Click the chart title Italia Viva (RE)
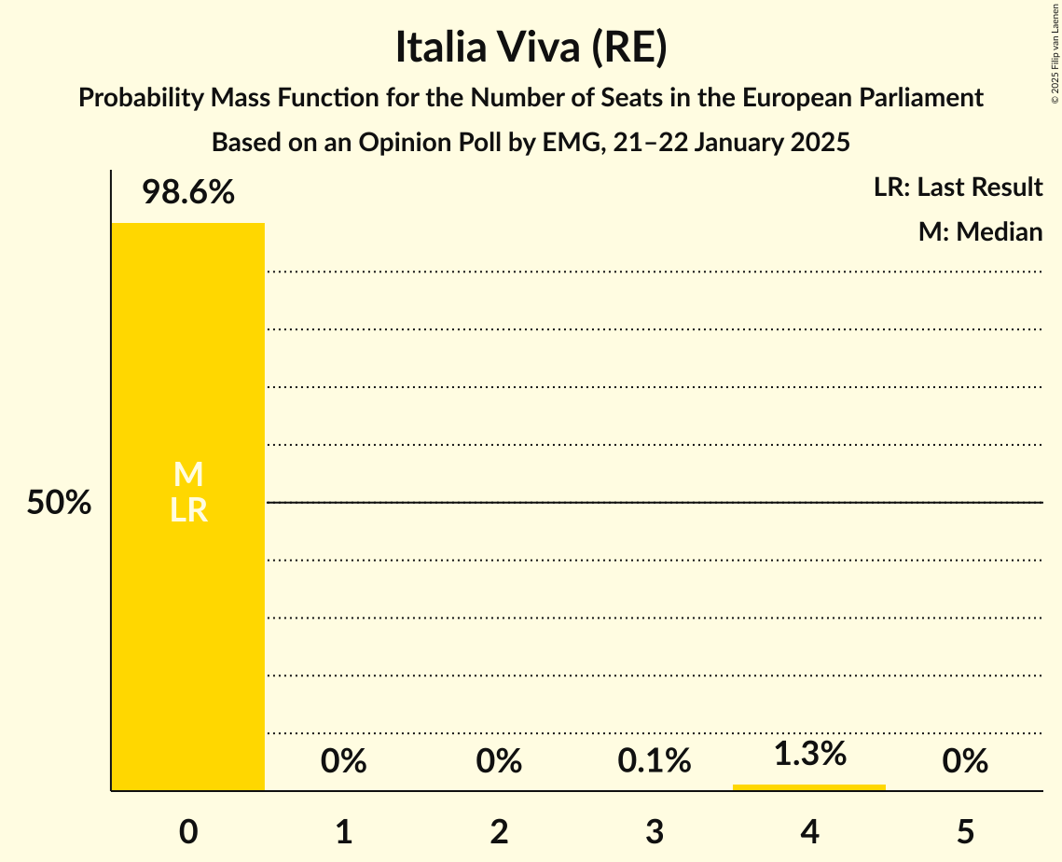pos(531,49)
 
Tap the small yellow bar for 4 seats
pos(809,787)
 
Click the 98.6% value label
pos(188,193)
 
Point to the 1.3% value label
pos(809,754)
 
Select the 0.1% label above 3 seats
pos(654,761)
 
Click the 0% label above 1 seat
pos(343,761)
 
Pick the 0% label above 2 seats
pos(499,761)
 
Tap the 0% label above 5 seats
pos(964,761)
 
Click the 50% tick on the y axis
pos(59,504)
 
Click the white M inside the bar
pos(188,475)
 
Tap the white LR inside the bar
pos(188,510)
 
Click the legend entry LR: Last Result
pos(958,188)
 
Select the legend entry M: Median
pos(980,231)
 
